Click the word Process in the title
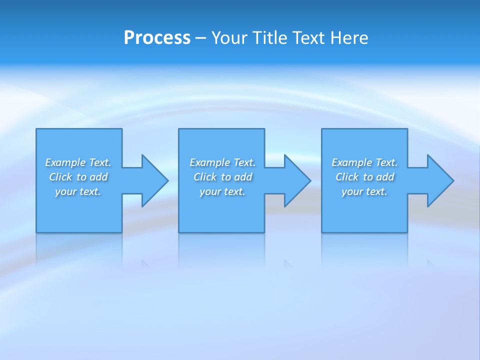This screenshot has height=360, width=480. (157, 38)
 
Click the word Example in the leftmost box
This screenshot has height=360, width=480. (65, 162)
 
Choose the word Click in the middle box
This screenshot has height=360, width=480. (205, 177)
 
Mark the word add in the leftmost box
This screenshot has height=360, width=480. (98, 177)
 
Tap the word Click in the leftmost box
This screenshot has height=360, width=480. (60, 177)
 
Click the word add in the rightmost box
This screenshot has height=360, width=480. (385, 177)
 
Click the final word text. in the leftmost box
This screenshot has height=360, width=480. (90, 191)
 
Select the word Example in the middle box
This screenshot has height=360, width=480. (210, 162)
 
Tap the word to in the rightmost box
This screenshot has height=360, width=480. (368, 177)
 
